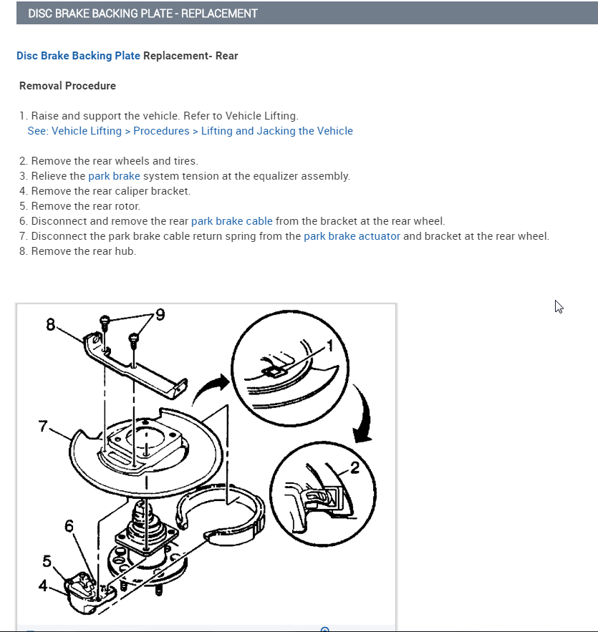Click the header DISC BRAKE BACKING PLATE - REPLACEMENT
click(143, 14)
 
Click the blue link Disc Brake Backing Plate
click(78, 55)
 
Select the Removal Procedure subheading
click(67, 86)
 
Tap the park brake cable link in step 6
click(231, 221)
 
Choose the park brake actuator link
click(352, 236)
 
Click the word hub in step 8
click(126, 251)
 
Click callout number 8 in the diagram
click(50, 324)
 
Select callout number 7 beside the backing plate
click(43, 427)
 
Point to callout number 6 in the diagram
click(69, 527)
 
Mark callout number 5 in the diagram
click(47, 560)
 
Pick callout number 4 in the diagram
click(43, 585)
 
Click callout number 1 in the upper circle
click(330, 346)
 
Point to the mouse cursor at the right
click(559, 306)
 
